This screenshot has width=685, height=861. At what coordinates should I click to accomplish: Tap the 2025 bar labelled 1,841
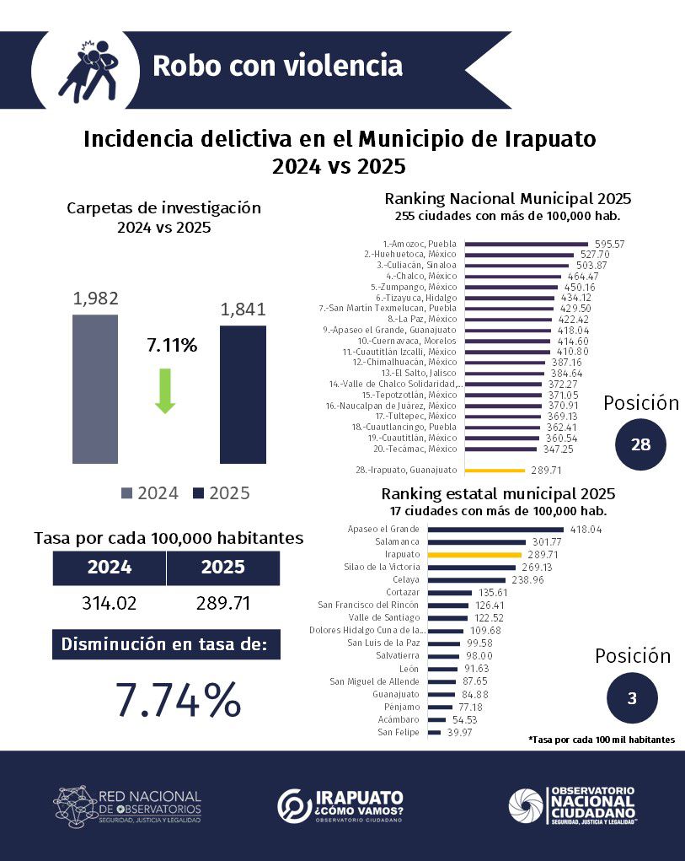(x=243, y=395)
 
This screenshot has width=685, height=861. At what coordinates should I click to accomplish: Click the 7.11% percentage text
(x=171, y=345)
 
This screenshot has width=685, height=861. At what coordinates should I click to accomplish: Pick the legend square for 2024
(x=127, y=493)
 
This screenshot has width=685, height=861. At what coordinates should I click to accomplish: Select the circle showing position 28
(x=640, y=444)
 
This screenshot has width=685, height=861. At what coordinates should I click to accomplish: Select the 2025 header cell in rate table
(x=223, y=568)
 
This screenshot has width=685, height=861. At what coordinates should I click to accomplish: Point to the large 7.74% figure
(x=179, y=699)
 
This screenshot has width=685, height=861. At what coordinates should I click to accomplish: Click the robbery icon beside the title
(x=88, y=68)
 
